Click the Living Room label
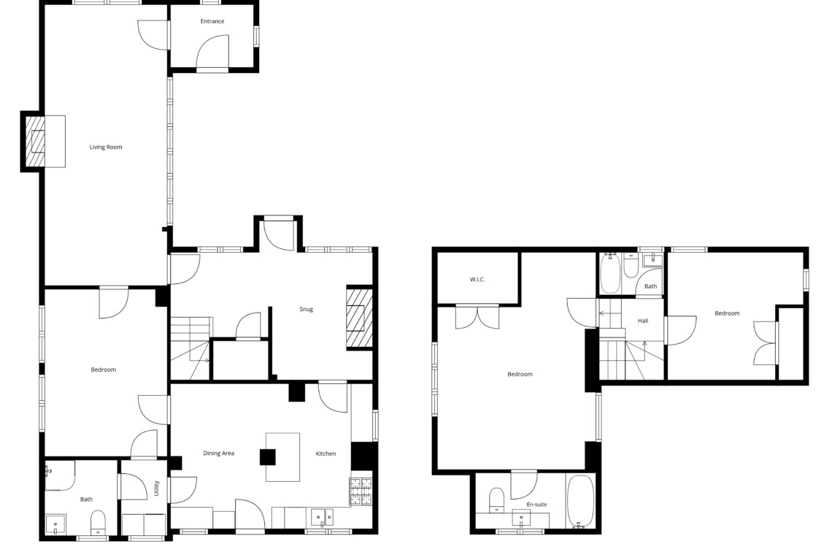pos(106,147)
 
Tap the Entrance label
pos(212,21)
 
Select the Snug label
pos(307,309)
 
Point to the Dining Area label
pos(219,453)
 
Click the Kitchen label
pos(326,453)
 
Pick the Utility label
pos(156,489)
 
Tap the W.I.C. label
pos(477,280)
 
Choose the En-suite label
pos(536,505)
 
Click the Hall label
pos(643,321)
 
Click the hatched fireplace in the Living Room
pos(36,141)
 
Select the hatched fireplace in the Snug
pos(359,318)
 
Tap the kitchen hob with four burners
pos(361,491)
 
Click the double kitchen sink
pos(322,517)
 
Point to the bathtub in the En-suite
pos(580,502)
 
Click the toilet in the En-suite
pos(497,500)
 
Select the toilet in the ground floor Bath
pos(99,523)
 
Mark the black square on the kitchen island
pos(267,457)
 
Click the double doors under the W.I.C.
pos(477,317)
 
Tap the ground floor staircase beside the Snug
pos(190,348)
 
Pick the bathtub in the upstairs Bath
pos(610,273)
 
